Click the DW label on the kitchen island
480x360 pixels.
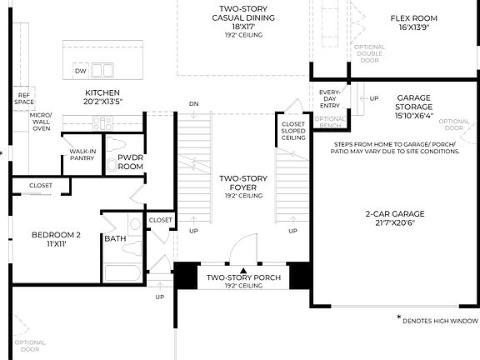click(x=81, y=72)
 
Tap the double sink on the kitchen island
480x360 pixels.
click(x=102, y=71)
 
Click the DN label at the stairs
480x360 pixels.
click(x=194, y=104)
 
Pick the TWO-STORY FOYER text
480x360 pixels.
click(x=241, y=182)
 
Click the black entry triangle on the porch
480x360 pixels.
click(x=242, y=270)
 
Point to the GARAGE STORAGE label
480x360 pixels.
click(x=414, y=102)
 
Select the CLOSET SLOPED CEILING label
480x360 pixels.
click(x=292, y=131)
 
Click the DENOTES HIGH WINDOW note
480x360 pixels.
click(x=437, y=320)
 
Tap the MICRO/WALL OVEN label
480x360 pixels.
click(x=41, y=121)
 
